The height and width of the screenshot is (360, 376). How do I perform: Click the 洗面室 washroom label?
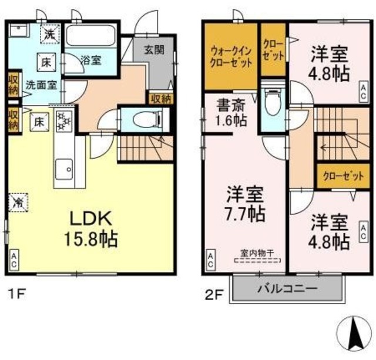[x=41, y=84]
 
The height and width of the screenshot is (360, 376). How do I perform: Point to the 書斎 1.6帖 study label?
[x=230, y=114]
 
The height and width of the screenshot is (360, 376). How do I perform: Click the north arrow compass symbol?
[x=355, y=334]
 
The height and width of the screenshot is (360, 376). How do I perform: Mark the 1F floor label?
[x=16, y=291]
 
